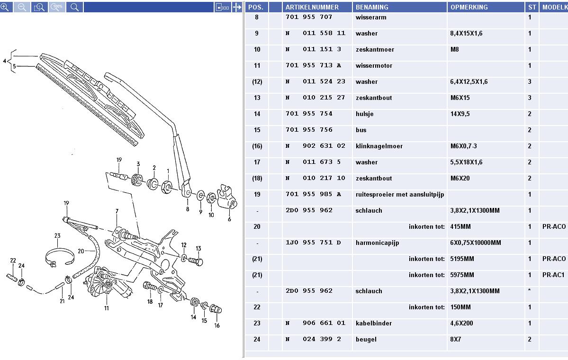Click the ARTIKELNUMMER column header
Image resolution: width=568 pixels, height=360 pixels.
tap(312, 7)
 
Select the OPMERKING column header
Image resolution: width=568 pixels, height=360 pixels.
tap(469, 7)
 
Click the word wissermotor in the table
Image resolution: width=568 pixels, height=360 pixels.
tap(374, 66)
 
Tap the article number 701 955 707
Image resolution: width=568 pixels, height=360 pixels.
tap(309, 18)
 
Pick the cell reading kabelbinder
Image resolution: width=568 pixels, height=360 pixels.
tap(373, 324)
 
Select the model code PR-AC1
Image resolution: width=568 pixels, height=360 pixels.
tap(554, 275)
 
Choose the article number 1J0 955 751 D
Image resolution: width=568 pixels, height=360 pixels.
tap(313, 243)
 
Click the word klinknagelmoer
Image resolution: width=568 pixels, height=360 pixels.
tap(379, 146)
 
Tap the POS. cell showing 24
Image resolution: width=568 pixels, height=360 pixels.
tap(257, 340)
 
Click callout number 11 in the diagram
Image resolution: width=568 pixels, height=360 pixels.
tap(107, 308)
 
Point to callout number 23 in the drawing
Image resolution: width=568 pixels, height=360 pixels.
tap(57, 236)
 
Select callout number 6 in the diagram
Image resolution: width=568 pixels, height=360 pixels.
tap(229, 219)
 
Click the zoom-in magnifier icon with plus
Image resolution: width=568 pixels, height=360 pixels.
tap(5, 7)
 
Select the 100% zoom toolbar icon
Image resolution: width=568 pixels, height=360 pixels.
tap(57, 7)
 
